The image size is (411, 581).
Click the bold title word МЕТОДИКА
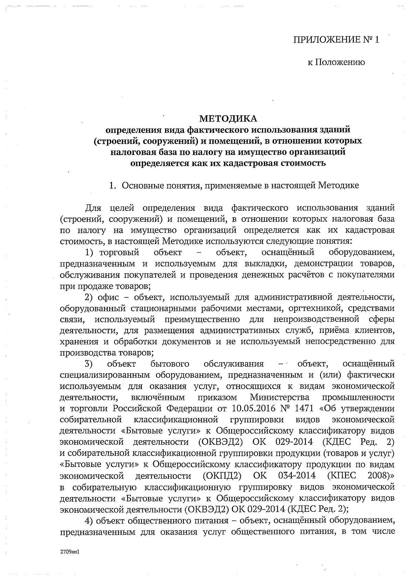pyautogui.click(x=228, y=119)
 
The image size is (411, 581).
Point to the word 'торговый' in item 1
pyautogui.click(x=119, y=253)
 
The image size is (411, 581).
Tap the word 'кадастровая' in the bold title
pyautogui.click(x=249, y=163)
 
